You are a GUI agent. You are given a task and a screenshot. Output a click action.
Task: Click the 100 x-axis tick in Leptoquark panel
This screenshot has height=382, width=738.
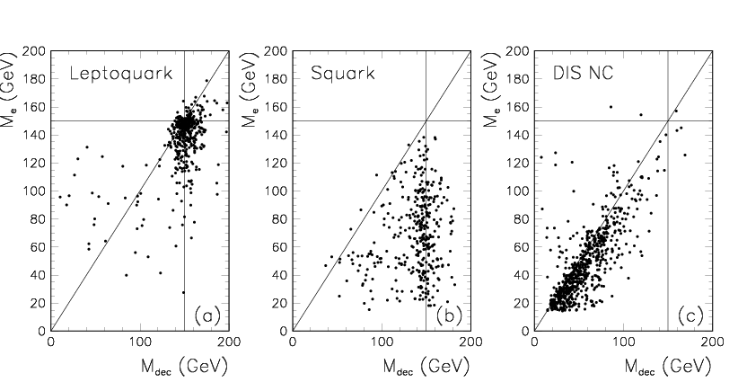[139, 342]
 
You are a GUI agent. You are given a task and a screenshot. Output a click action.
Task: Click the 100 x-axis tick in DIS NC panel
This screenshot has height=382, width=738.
[623, 342]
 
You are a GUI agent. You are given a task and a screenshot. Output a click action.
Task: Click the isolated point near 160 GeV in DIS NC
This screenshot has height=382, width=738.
[611, 107]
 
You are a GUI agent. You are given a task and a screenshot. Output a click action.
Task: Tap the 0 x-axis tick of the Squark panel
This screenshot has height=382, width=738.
[293, 342]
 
